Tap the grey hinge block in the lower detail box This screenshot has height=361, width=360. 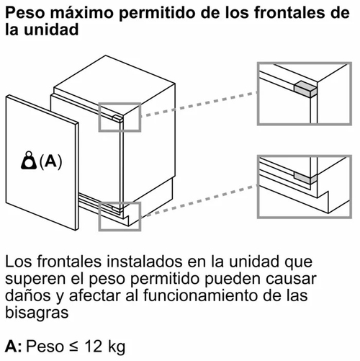pyautogui.click(x=305, y=176)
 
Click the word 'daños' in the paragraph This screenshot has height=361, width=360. pyautogui.click(x=24, y=295)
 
